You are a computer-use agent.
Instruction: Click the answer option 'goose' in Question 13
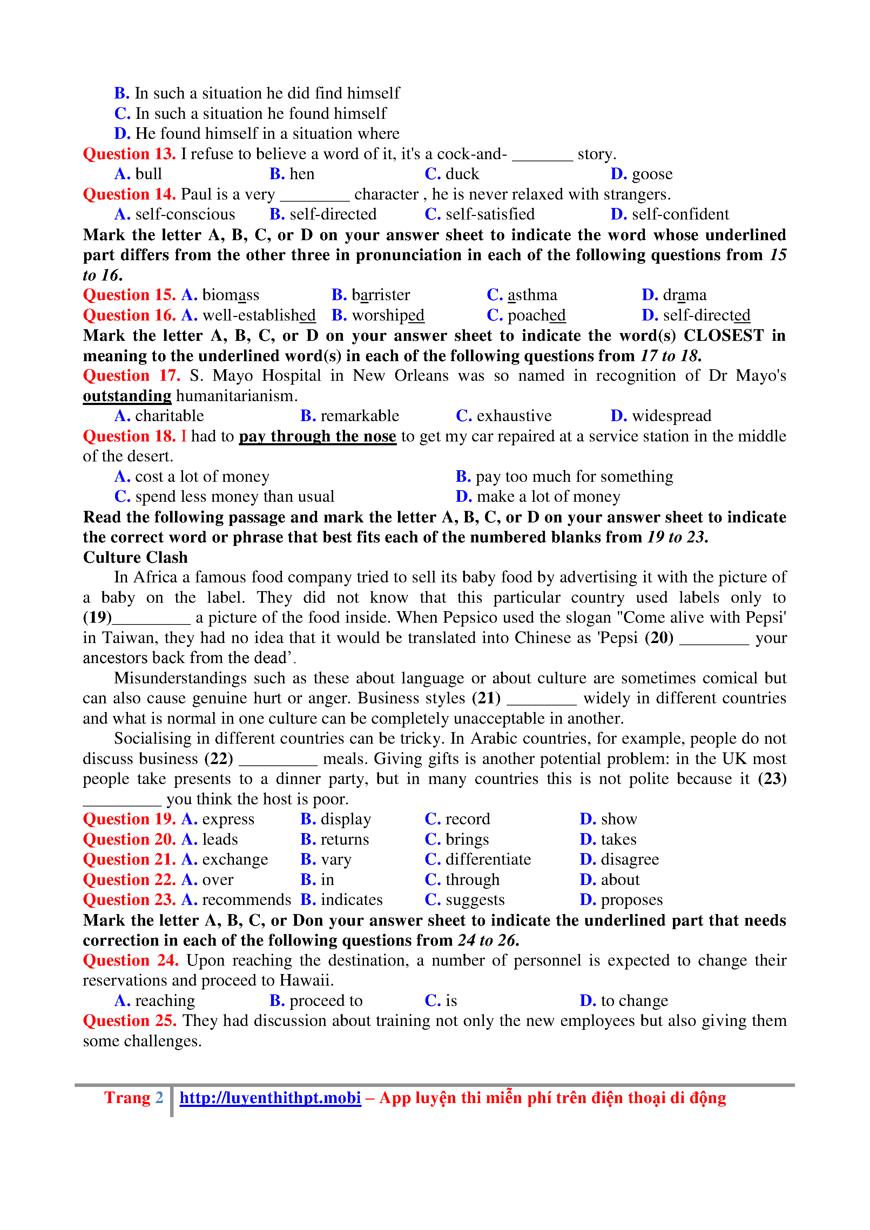652,174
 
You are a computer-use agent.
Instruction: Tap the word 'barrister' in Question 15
380,295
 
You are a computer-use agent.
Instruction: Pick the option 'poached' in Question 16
536,316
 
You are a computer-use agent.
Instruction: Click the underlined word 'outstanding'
127,396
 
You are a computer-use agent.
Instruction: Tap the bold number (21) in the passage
486,698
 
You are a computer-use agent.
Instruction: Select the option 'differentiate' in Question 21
488,860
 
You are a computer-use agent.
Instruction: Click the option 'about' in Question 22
620,880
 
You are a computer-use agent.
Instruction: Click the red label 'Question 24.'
131,960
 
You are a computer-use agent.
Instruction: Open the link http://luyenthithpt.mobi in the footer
270,1098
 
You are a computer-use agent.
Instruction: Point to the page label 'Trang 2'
133,1098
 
